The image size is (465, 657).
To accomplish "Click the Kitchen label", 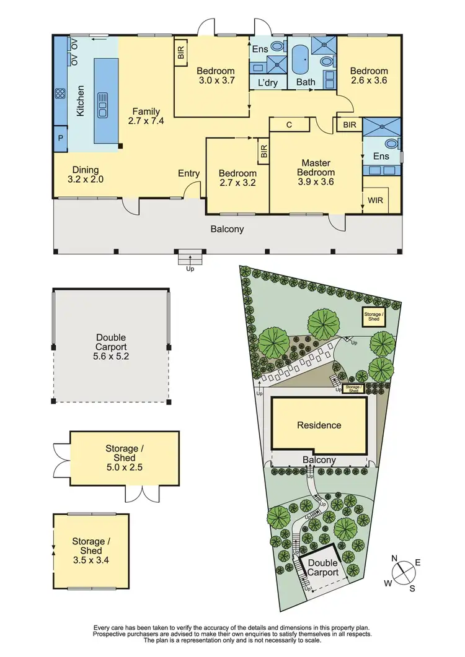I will (80, 102).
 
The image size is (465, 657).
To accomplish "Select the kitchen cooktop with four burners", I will (61, 94).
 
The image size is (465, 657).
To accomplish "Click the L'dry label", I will (268, 82).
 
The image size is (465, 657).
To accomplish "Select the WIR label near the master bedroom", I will (375, 201).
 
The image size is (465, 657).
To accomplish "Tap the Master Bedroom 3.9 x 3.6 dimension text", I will (316, 181).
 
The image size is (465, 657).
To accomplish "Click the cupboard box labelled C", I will (289, 124).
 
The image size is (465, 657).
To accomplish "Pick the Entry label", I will (188, 173).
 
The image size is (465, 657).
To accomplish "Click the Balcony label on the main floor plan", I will (227, 229).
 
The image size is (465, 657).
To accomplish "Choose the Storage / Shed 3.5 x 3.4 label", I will (91, 550).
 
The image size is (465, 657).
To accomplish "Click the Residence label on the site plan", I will (319, 425).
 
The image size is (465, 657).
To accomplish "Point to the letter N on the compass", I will (394, 558).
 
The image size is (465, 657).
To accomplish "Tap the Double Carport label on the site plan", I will (322, 568).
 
